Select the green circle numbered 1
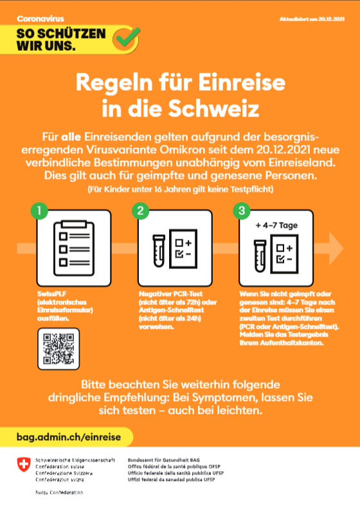[39, 210]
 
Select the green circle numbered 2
[140, 210]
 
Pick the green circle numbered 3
[241, 210]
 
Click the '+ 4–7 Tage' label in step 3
[277, 226]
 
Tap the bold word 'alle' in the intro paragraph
[71, 136]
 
